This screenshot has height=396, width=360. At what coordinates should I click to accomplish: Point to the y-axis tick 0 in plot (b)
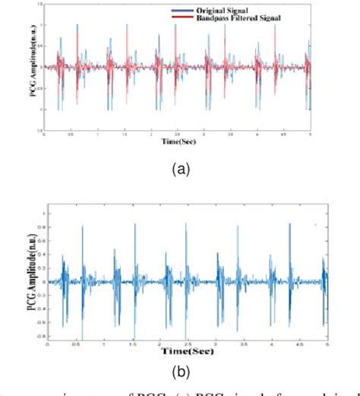(43, 281)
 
